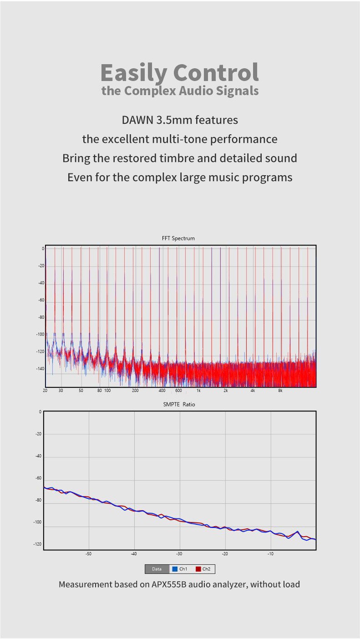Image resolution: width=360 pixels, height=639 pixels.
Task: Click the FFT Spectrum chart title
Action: pos(178,238)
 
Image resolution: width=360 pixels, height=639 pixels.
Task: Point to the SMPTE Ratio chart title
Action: pos(179,405)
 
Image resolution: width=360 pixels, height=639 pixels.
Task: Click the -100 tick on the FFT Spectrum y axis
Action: pos(40,335)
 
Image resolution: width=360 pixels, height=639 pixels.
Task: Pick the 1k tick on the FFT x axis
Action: pos(198,391)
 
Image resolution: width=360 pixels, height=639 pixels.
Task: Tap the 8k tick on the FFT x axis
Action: pos(280,391)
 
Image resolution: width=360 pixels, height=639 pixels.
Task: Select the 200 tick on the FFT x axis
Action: pos(135,391)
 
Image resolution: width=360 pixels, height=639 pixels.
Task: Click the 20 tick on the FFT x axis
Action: pos(45,391)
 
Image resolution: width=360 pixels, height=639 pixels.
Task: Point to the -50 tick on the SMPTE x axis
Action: pos(88,554)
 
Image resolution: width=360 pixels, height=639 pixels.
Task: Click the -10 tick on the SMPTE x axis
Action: pos(270,554)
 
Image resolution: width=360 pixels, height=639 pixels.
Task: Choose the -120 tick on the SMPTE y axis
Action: pos(37,544)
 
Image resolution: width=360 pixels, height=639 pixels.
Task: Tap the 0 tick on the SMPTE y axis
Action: pos(40,412)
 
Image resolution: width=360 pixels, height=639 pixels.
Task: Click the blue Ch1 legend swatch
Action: pos(174,569)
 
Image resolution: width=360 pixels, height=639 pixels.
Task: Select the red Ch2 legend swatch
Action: pos(198,569)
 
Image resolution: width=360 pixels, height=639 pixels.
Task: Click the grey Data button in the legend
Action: pos(157,569)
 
